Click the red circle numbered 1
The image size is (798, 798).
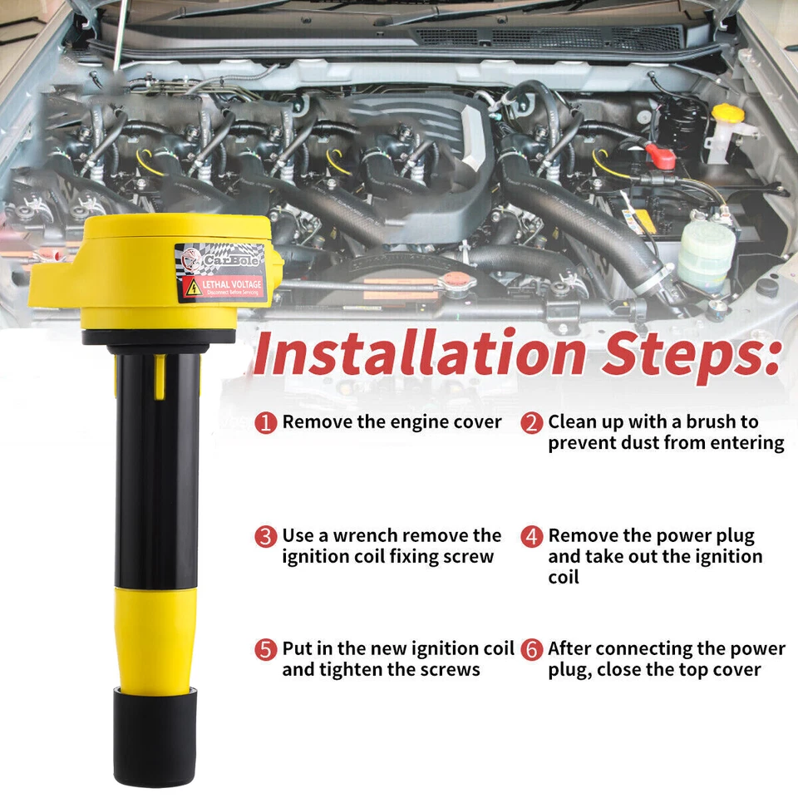[x=265, y=422]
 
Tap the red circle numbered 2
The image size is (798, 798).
[x=532, y=422]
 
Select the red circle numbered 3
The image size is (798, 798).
[x=265, y=536]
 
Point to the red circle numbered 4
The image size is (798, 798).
[x=532, y=536]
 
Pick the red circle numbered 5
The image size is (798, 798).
[x=265, y=649]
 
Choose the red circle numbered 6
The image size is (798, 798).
[x=532, y=649]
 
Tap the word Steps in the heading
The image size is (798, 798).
[x=693, y=352]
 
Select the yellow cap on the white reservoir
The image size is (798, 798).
[x=727, y=113]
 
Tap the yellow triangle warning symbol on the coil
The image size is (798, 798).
[x=192, y=288]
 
